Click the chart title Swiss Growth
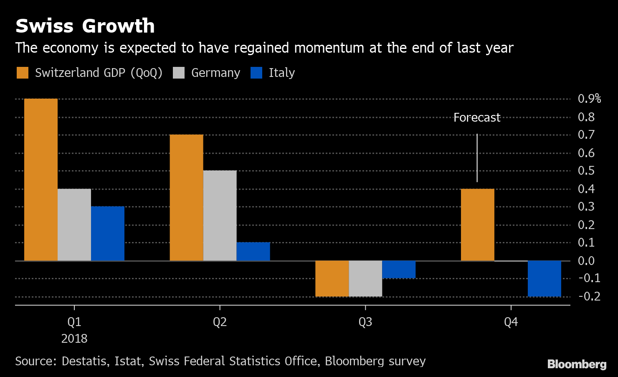[85, 26]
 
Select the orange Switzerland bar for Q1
[41, 180]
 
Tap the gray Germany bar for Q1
[74, 225]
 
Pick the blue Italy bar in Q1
[108, 234]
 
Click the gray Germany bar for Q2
[220, 216]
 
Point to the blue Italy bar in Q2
[253, 252]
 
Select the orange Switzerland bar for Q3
[332, 278]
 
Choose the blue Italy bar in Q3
[399, 270]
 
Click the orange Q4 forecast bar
[477, 225]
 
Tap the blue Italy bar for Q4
[544, 278]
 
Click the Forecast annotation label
[477, 118]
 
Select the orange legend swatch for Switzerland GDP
[23, 73]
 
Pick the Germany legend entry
[215, 73]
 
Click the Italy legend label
[282, 73]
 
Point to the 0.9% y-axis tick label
[589, 99]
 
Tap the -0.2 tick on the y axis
[589, 296]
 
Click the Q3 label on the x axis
[365, 322]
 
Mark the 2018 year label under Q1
[74, 339]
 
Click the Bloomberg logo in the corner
[577, 364]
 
